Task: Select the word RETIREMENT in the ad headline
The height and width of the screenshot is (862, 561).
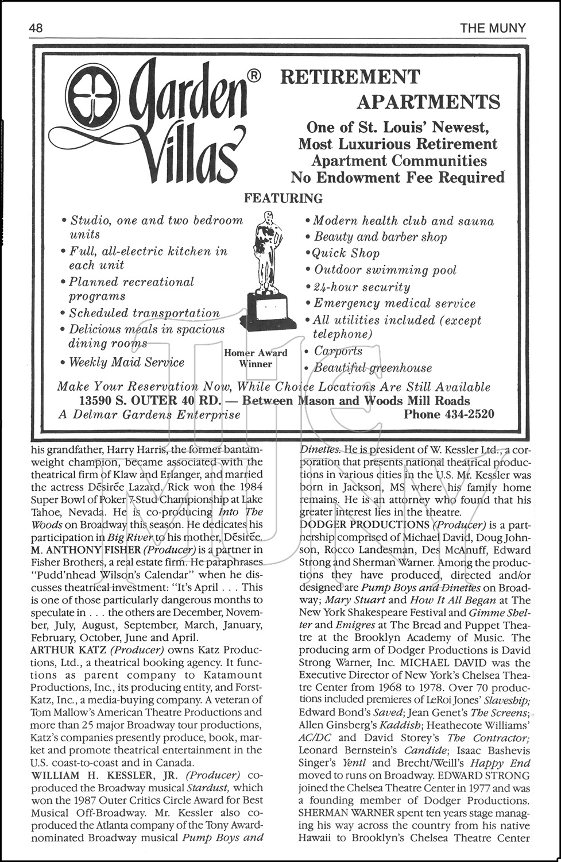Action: tap(350, 77)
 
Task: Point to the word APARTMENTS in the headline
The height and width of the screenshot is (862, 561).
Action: tap(428, 102)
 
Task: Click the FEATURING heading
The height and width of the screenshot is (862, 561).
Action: tap(283, 199)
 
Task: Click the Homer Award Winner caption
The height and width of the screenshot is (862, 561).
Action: tap(256, 358)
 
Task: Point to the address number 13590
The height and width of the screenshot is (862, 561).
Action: tap(100, 401)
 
